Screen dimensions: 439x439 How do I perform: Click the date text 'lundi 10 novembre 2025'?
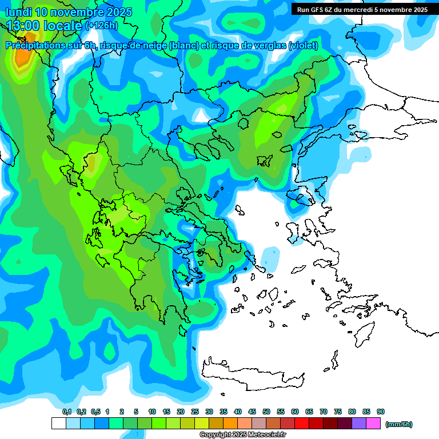69,12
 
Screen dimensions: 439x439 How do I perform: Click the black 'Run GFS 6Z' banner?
360,10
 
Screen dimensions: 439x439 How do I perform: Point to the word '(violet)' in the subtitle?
303,46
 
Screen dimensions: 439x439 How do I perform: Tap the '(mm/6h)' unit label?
398,424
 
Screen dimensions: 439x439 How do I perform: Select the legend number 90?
381,412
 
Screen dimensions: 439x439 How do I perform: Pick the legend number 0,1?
67,412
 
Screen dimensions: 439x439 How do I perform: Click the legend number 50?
266,412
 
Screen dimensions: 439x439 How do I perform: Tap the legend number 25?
195,412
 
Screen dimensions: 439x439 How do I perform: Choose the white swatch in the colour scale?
58,424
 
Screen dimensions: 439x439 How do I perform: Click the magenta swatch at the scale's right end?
373,424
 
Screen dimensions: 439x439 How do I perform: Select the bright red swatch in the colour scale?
302,424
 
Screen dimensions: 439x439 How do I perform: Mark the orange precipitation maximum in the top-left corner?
22,57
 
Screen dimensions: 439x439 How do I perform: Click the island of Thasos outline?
203,150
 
